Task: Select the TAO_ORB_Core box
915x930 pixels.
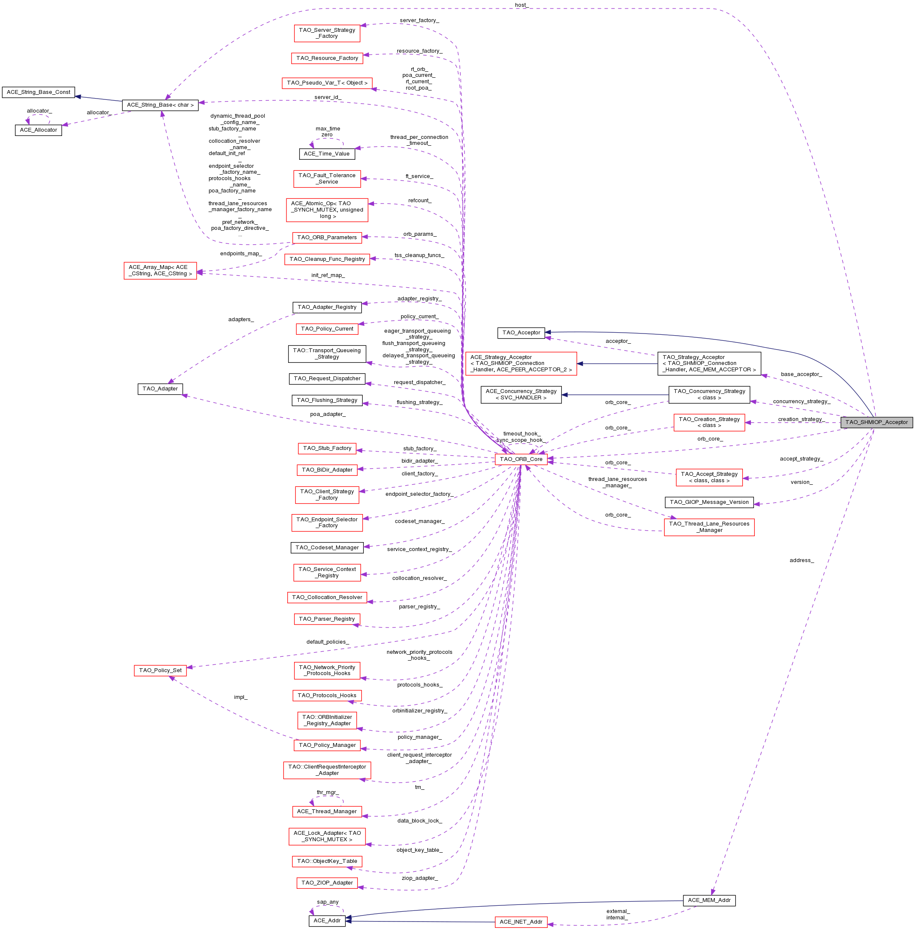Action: (521, 459)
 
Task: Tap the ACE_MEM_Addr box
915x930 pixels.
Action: (709, 900)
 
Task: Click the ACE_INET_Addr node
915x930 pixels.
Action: (521, 922)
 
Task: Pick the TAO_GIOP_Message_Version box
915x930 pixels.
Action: (709, 502)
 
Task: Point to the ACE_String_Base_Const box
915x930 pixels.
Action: (38, 92)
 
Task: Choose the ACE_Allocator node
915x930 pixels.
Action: (38, 130)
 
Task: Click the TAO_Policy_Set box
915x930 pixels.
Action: (160, 670)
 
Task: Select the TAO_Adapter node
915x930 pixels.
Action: (160, 389)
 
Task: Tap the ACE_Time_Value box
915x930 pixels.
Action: (326, 154)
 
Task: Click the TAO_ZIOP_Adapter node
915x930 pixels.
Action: (327, 882)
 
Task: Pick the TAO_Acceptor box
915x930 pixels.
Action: (521, 332)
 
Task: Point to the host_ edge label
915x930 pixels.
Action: (521, 5)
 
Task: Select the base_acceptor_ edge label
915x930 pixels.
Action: (801, 374)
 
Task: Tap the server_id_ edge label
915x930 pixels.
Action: (328, 97)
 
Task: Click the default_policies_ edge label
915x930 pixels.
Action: (328, 642)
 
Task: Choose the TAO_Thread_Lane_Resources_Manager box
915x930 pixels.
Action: (709, 527)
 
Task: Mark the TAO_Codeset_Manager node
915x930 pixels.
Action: (327, 548)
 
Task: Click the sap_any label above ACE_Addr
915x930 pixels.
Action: (328, 902)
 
